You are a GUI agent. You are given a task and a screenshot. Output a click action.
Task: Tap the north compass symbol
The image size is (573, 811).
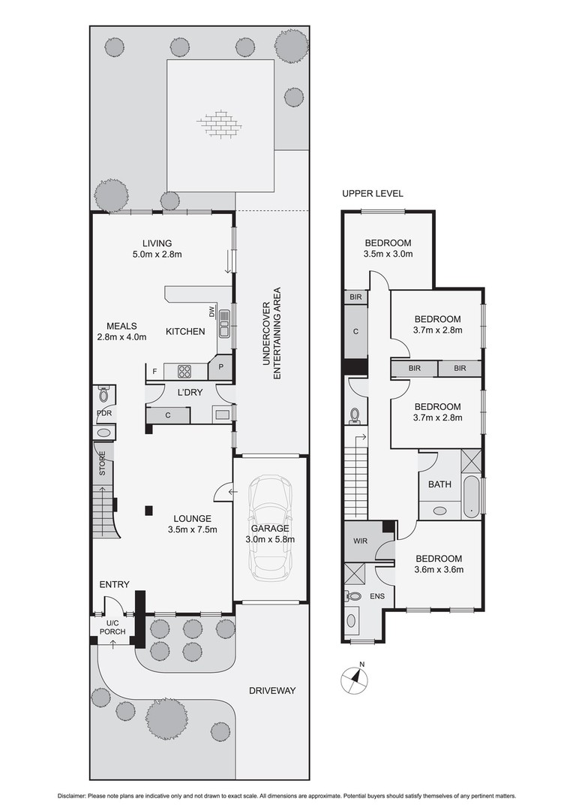tap(355, 678)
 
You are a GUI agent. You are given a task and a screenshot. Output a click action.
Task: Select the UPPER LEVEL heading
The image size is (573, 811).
tap(373, 194)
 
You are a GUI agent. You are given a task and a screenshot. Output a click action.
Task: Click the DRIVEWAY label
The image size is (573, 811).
tap(272, 691)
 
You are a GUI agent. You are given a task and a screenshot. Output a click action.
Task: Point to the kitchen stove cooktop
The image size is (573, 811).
tap(185, 371)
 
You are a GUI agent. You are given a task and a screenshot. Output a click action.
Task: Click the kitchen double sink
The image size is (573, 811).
tap(225, 323)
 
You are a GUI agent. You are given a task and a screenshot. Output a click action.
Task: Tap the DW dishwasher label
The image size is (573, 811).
tap(211, 312)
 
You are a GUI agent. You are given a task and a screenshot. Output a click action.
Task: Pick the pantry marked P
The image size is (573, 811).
tap(220, 368)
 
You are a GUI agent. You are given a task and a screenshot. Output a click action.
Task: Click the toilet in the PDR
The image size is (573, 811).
tap(103, 395)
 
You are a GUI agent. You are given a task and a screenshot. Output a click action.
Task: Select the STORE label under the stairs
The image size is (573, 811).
tap(102, 463)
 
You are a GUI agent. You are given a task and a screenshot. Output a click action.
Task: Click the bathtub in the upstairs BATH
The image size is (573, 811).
tap(471, 497)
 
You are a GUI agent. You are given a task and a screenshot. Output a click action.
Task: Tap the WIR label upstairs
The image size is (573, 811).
tap(361, 541)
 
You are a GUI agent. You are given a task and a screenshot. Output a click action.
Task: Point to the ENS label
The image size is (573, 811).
tap(377, 595)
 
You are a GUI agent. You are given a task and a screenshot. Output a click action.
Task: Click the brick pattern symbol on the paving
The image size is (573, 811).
tap(220, 123)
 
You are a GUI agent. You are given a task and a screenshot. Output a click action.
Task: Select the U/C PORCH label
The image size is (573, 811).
tap(112, 627)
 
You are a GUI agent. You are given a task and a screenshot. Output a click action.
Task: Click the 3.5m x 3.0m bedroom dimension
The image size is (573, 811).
tap(388, 254)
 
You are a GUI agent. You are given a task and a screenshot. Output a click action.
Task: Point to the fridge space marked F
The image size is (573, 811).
tap(154, 372)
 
